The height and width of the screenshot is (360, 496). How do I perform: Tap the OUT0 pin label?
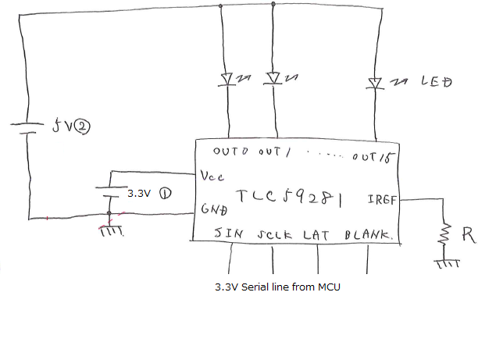coord(230,151)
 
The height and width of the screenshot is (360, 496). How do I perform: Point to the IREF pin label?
coord(382,199)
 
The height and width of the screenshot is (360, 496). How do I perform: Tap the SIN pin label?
coord(229,233)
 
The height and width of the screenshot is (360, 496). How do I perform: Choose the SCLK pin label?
coord(273,233)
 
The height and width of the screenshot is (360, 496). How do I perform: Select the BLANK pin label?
coord(367,233)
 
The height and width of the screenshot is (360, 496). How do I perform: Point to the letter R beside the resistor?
coord(468,234)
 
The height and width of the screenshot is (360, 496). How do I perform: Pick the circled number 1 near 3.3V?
coord(165,192)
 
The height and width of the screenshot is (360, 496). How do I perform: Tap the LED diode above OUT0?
coord(229,79)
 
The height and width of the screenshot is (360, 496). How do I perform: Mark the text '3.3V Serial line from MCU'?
coord(277,287)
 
